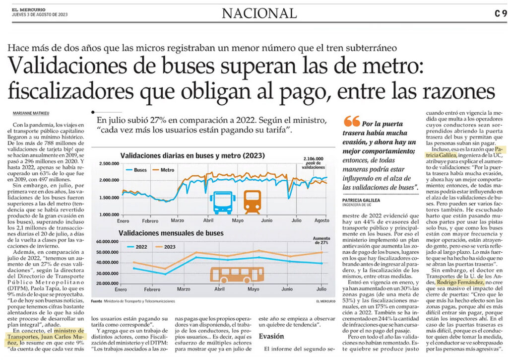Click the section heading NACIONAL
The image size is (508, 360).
click(x=259, y=13)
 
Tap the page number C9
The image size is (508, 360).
click(x=500, y=13)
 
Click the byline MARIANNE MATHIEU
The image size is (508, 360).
click(x=31, y=113)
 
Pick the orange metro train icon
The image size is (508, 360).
click(x=253, y=202)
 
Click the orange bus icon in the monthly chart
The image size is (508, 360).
click(x=237, y=275)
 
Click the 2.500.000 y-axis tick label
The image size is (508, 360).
click(x=109, y=163)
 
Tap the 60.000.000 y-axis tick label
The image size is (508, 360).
click(x=108, y=242)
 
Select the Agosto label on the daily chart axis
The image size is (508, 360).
click(x=321, y=220)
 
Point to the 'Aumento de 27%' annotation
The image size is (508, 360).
click(x=321, y=240)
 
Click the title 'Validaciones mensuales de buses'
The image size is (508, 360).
click(x=171, y=233)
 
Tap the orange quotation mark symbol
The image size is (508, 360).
click(x=352, y=121)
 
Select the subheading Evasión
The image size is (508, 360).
click(x=271, y=336)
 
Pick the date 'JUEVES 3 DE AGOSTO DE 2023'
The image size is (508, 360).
click(x=40, y=15)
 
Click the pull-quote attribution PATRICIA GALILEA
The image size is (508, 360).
click(x=361, y=201)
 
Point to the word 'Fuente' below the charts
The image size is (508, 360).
click(x=97, y=301)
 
